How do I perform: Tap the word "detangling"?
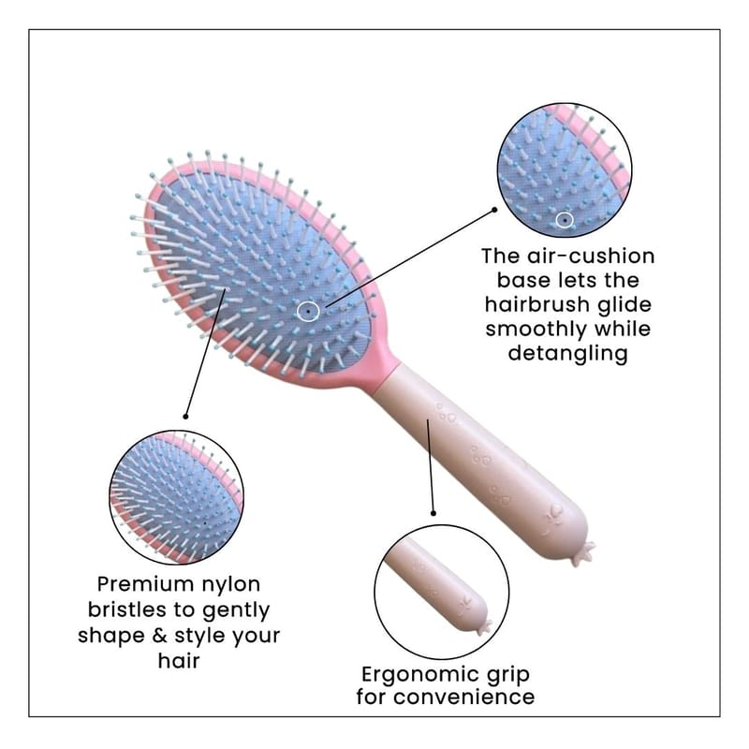point(567,354)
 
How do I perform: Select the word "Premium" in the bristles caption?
point(141,585)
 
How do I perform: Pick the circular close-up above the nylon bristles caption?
point(176,497)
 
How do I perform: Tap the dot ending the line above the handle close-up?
point(434,512)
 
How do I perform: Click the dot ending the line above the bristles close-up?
point(186,415)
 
